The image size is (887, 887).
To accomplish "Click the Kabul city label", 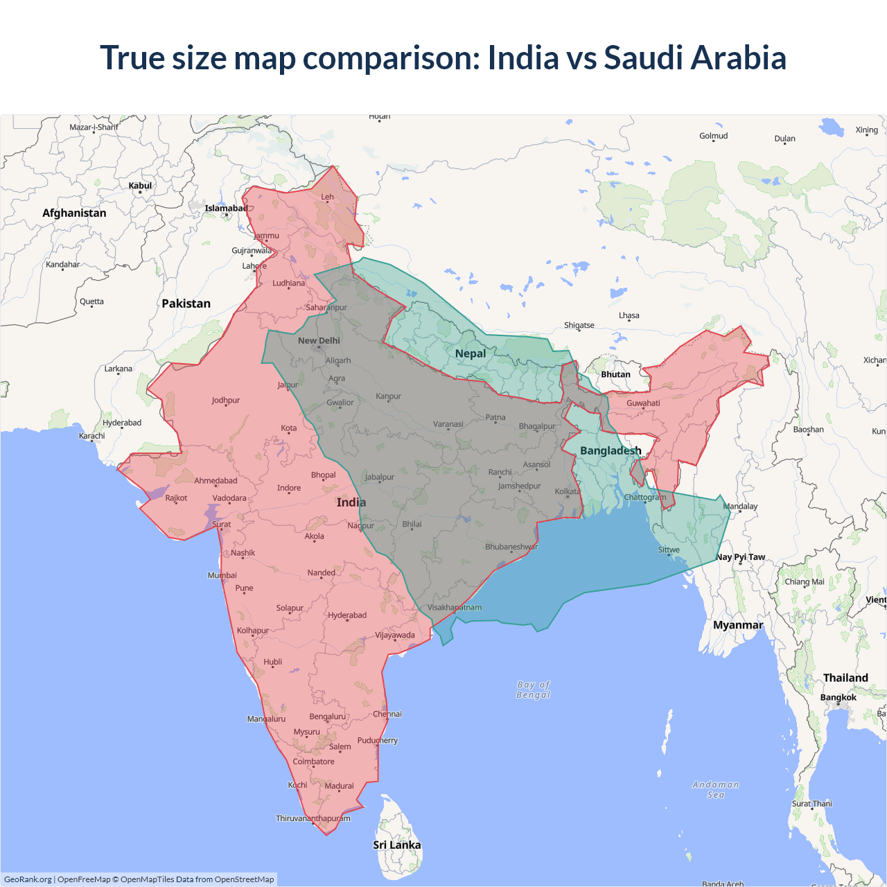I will coord(140,186).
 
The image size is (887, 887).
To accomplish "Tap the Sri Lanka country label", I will coord(396,845).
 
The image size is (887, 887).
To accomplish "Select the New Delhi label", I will coord(319,340).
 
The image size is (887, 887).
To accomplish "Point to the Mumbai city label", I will coord(222,575).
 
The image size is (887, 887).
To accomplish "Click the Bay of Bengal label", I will coord(533,690).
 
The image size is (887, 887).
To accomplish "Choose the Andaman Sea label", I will coord(716,789).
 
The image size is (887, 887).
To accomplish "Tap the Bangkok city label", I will coord(838,697).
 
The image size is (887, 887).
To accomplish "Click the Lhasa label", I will coord(629,315).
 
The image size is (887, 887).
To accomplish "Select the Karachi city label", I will coord(92,436).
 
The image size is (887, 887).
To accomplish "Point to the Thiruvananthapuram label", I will coord(313,818).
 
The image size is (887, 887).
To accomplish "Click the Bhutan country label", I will coord(615,374).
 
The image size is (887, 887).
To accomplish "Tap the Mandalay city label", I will coord(740,506).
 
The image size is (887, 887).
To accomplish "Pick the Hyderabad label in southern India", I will coord(347,615).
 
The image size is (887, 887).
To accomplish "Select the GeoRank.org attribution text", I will coord(28,879).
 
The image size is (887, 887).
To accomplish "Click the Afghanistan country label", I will coord(74,213).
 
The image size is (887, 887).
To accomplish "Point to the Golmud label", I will coord(713,136).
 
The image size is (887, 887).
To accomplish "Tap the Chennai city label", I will coord(387,714).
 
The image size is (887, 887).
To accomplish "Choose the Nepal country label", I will coord(471,353).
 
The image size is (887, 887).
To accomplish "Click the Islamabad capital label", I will coord(226,208).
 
